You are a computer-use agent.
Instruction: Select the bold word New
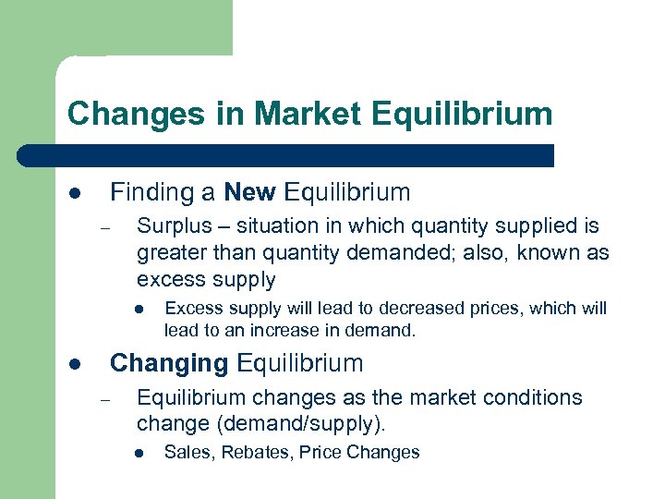tap(249, 192)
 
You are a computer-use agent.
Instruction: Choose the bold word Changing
tap(169, 363)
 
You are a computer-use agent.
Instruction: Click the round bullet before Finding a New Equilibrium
tap(75, 194)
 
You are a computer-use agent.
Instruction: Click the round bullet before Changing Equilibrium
tap(75, 365)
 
